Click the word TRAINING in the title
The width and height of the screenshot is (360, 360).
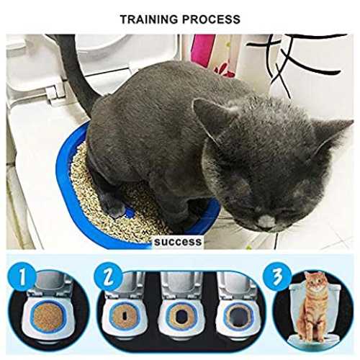(149, 19)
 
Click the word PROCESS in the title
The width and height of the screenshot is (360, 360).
(211, 19)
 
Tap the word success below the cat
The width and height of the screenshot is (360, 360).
(178, 241)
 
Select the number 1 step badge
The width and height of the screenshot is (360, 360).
(22, 277)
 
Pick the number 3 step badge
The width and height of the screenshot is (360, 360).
(277, 277)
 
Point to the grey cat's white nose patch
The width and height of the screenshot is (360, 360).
(264, 219)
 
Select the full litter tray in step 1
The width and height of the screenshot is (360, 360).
(48, 317)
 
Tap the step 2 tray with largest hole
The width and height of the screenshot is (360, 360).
(238, 316)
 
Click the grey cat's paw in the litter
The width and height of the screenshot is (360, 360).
(115, 207)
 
